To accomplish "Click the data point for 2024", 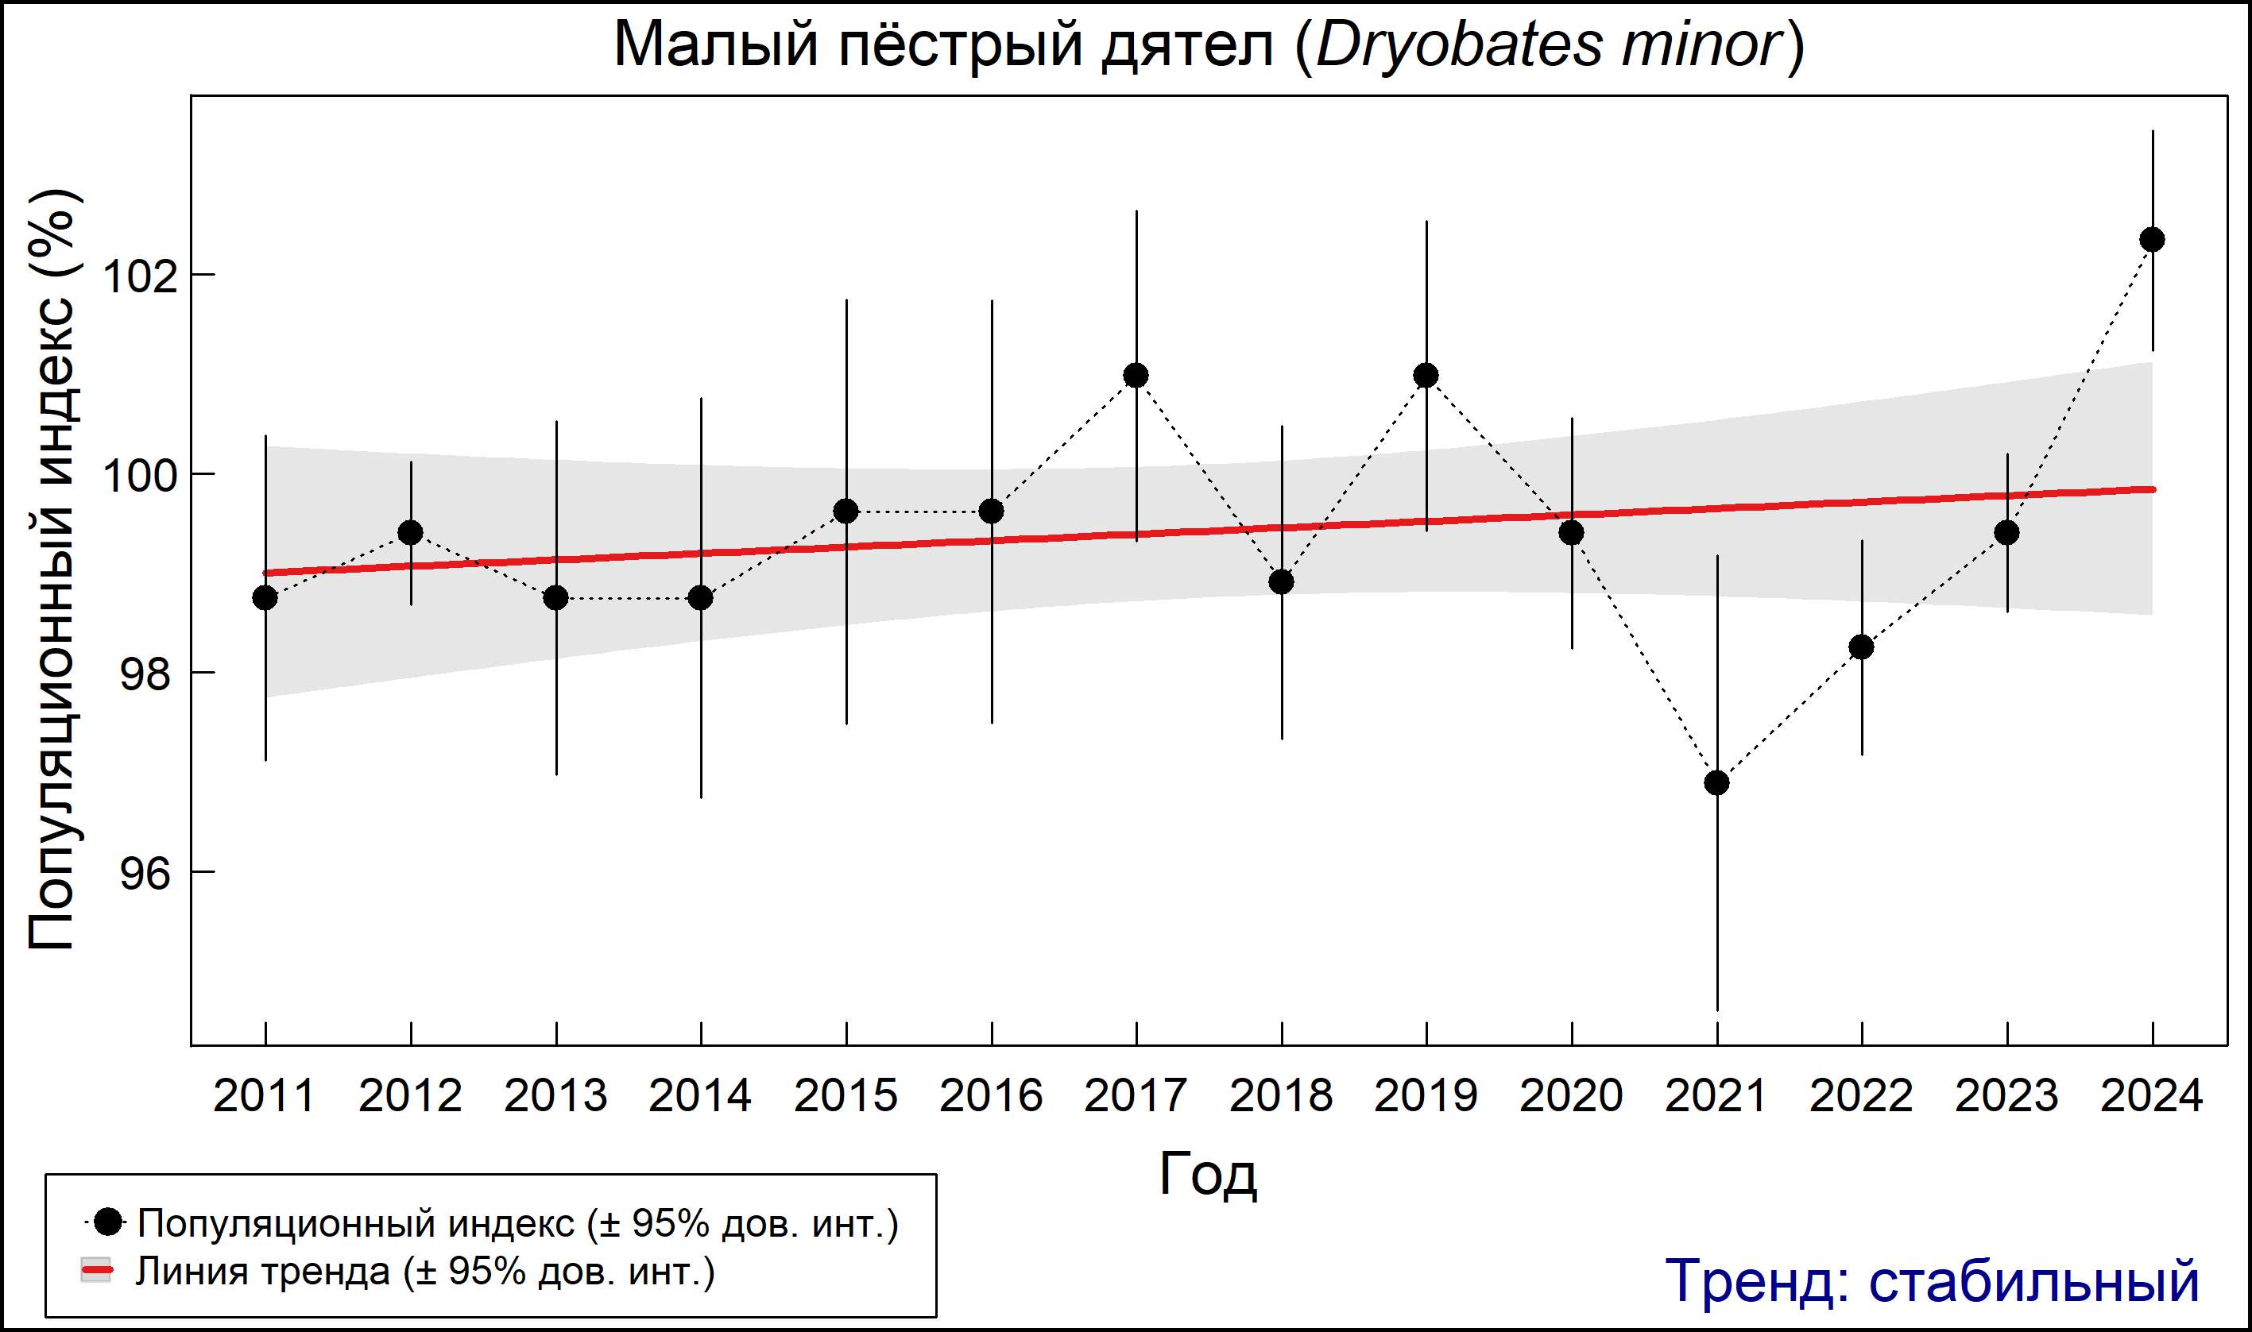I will (x=2151, y=240).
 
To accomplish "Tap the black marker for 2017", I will (x=1136, y=375).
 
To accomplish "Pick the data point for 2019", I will (x=1426, y=375).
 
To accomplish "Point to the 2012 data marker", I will (x=410, y=532).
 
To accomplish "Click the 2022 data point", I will (x=1861, y=647).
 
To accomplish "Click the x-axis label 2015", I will (x=845, y=1097).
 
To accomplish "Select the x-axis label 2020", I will (x=1570, y=1097).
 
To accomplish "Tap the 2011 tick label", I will (x=264, y=1097).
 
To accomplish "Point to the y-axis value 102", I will (x=137, y=276).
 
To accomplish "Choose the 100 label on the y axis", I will (x=137, y=476).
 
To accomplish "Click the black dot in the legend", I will (x=108, y=1221).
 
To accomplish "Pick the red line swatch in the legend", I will (x=96, y=1271).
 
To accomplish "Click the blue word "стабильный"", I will (x=2033, y=1281).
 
